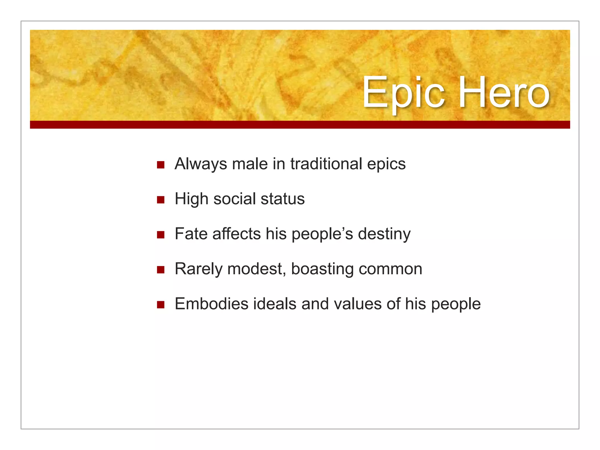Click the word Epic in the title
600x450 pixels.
coord(404,93)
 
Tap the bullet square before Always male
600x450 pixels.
coord(161,165)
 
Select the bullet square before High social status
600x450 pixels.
coord(161,200)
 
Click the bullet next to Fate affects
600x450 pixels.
coord(161,235)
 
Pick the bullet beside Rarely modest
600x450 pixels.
coord(161,270)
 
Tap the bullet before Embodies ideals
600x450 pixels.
coord(161,305)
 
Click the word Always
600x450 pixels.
coord(200,164)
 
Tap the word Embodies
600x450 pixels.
coord(212,304)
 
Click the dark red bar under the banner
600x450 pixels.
coord(300,125)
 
